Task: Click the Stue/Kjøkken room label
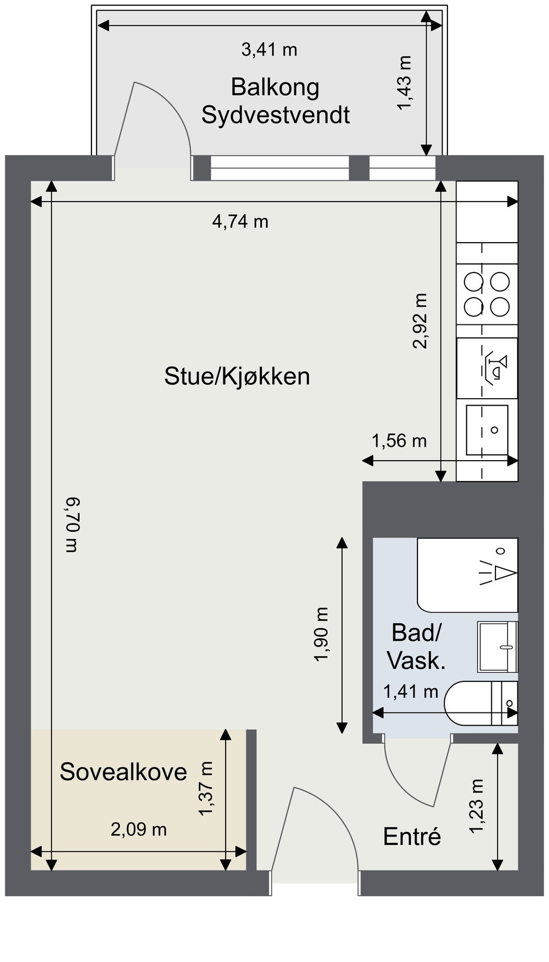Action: click(237, 377)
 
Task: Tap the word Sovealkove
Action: click(123, 772)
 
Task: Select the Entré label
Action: click(412, 837)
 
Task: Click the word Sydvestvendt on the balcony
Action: click(275, 115)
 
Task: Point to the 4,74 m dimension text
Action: click(240, 221)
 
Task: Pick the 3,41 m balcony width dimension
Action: click(269, 50)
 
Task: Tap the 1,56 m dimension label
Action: click(399, 441)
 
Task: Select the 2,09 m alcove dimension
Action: click(138, 829)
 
